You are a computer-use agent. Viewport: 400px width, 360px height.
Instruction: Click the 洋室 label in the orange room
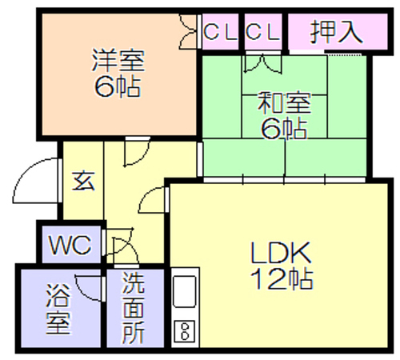[118, 61]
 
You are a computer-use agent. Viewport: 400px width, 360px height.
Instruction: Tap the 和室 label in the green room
[284, 102]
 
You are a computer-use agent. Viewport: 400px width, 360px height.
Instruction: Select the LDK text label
[281, 253]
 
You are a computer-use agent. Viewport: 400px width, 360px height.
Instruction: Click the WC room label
[70, 245]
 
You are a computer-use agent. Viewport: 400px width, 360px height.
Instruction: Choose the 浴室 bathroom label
[58, 309]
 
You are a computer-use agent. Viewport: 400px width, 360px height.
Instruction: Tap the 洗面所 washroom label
[133, 309]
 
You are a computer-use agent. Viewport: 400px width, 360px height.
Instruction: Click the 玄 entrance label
[83, 181]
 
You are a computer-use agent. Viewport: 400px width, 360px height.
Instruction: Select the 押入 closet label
[337, 32]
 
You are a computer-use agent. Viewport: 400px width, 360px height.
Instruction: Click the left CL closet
[221, 32]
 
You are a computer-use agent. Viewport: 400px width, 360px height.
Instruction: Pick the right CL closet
[262, 32]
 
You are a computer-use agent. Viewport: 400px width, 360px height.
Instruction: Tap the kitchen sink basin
[185, 291]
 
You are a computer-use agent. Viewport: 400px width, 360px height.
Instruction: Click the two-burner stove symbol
[185, 331]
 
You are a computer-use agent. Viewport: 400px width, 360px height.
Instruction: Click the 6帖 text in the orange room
[118, 86]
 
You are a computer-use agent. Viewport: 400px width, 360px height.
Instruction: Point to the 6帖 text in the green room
[284, 128]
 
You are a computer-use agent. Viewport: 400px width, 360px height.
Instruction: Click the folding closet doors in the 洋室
[188, 32]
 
